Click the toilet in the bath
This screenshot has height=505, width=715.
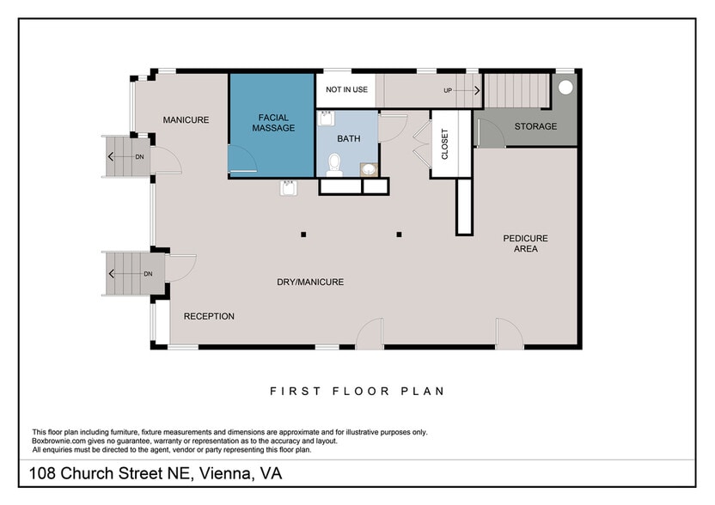click(335, 164)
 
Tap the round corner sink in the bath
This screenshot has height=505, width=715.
click(369, 169)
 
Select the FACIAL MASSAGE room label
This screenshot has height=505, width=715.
click(272, 123)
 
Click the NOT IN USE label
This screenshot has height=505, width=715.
click(346, 89)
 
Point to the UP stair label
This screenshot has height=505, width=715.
click(448, 90)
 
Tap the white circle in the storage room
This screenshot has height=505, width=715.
click(565, 87)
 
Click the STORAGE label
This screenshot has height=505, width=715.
click(535, 126)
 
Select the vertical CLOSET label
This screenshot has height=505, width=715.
click(444, 144)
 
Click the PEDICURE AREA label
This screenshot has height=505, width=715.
click(525, 243)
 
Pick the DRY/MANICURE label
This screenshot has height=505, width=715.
click(309, 282)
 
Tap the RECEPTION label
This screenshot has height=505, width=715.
click(209, 316)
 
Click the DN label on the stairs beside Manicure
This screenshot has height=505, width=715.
click(139, 156)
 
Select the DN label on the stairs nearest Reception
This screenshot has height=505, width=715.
click(148, 274)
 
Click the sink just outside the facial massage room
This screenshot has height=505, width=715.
click(289, 188)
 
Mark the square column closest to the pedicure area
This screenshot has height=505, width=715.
click(399, 234)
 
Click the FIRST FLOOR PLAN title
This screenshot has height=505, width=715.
click(357, 391)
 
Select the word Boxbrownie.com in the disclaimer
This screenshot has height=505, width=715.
click(61, 441)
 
